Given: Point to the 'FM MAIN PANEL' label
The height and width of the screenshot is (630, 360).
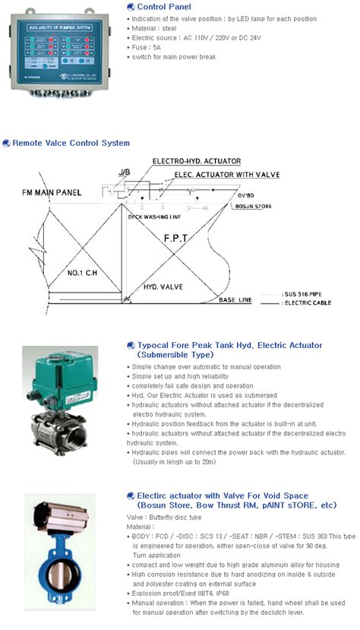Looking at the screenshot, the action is (x=52, y=193).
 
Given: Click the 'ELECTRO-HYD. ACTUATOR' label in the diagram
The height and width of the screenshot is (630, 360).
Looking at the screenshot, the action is (x=196, y=161).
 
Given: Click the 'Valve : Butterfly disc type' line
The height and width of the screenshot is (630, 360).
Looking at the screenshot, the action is (x=163, y=516).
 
